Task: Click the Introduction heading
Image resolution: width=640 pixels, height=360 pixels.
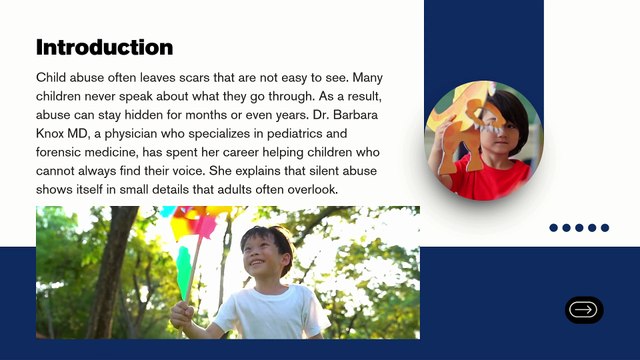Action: click(104, 47)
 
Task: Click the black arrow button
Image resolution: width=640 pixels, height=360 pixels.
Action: click(584, 310)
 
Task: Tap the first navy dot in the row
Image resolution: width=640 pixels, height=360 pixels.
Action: click(553, 228)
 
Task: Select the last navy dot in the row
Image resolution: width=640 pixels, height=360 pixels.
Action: click(605, 228)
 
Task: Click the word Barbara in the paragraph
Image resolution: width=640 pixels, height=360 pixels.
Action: click(356, 115)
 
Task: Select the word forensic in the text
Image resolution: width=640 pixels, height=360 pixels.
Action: click(58, 152)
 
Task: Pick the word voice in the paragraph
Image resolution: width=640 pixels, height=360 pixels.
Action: click(187, 171)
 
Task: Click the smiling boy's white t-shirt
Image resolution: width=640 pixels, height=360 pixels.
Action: click(271, 312)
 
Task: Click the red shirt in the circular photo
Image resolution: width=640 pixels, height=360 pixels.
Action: click(490, 180)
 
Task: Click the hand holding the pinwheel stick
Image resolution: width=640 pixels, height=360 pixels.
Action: click(182, 314)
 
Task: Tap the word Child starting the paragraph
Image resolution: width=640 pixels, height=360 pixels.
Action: click(51, 78)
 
